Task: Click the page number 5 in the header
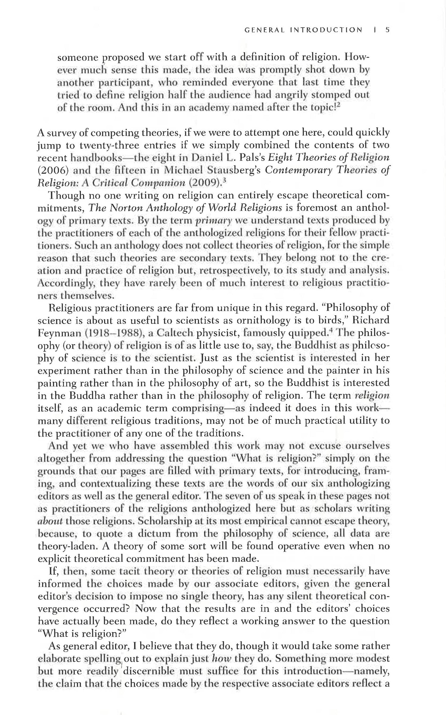(387, 30)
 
